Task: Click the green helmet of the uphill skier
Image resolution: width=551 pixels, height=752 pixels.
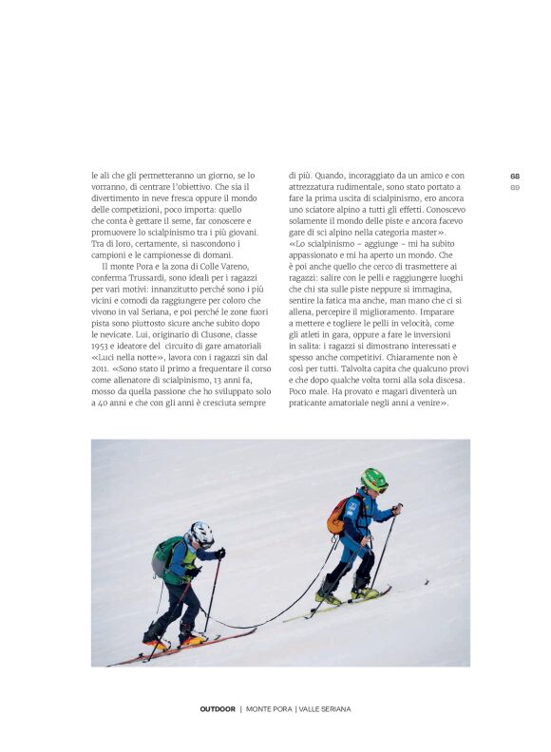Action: [x=374, y=479]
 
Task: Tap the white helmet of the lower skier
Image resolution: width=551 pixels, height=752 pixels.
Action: [x=200, y=534]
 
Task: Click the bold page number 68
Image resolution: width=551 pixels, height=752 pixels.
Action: [x=515, y=176]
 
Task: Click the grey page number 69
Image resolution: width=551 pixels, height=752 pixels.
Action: [x=515, y=187]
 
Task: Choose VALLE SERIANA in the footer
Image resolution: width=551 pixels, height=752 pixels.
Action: [x=325, y=708]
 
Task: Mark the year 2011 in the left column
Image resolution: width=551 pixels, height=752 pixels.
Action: [x=101, y=368]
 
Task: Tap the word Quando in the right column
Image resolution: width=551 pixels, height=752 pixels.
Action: [x=328, y=176]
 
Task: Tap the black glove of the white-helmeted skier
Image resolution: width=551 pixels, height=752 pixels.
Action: [x=220, y=553]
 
